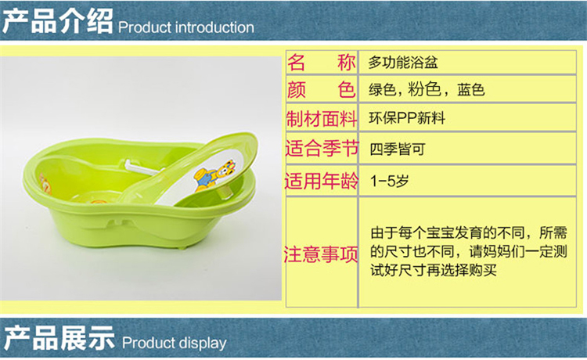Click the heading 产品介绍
pyautogui.click(x=58, y=21)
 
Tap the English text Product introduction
pyautogui.click(x=186, y=27)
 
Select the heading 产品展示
pyautogui.click(x=59, y=338)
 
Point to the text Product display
pyautogui.click(x=174, y=343)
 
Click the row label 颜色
pyautogui.click(x=321, y=90)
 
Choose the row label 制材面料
pyautogui.click(x=322, y=119)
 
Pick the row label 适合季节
pyautogui.click(x=322, y=148)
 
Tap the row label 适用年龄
pyautogui.click(x=322, y=181)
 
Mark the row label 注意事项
pyautogui.click(x=321, y=254)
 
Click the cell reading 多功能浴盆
pyautogui.click(x=403, y=63)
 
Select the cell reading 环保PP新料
pyautogui.click(x=407, y=118)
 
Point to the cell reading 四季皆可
pyautogui.click(x=398, y=149)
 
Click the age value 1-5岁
pyautogui.click(x=389, y=181)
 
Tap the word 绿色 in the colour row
pyautogui.click(x=382, y=90)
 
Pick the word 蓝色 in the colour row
pyautogui.click(x=471, y=90)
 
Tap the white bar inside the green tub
pyautogui.click(x=143, y=167)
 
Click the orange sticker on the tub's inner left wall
pyautogui.click(x=45, y=183)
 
